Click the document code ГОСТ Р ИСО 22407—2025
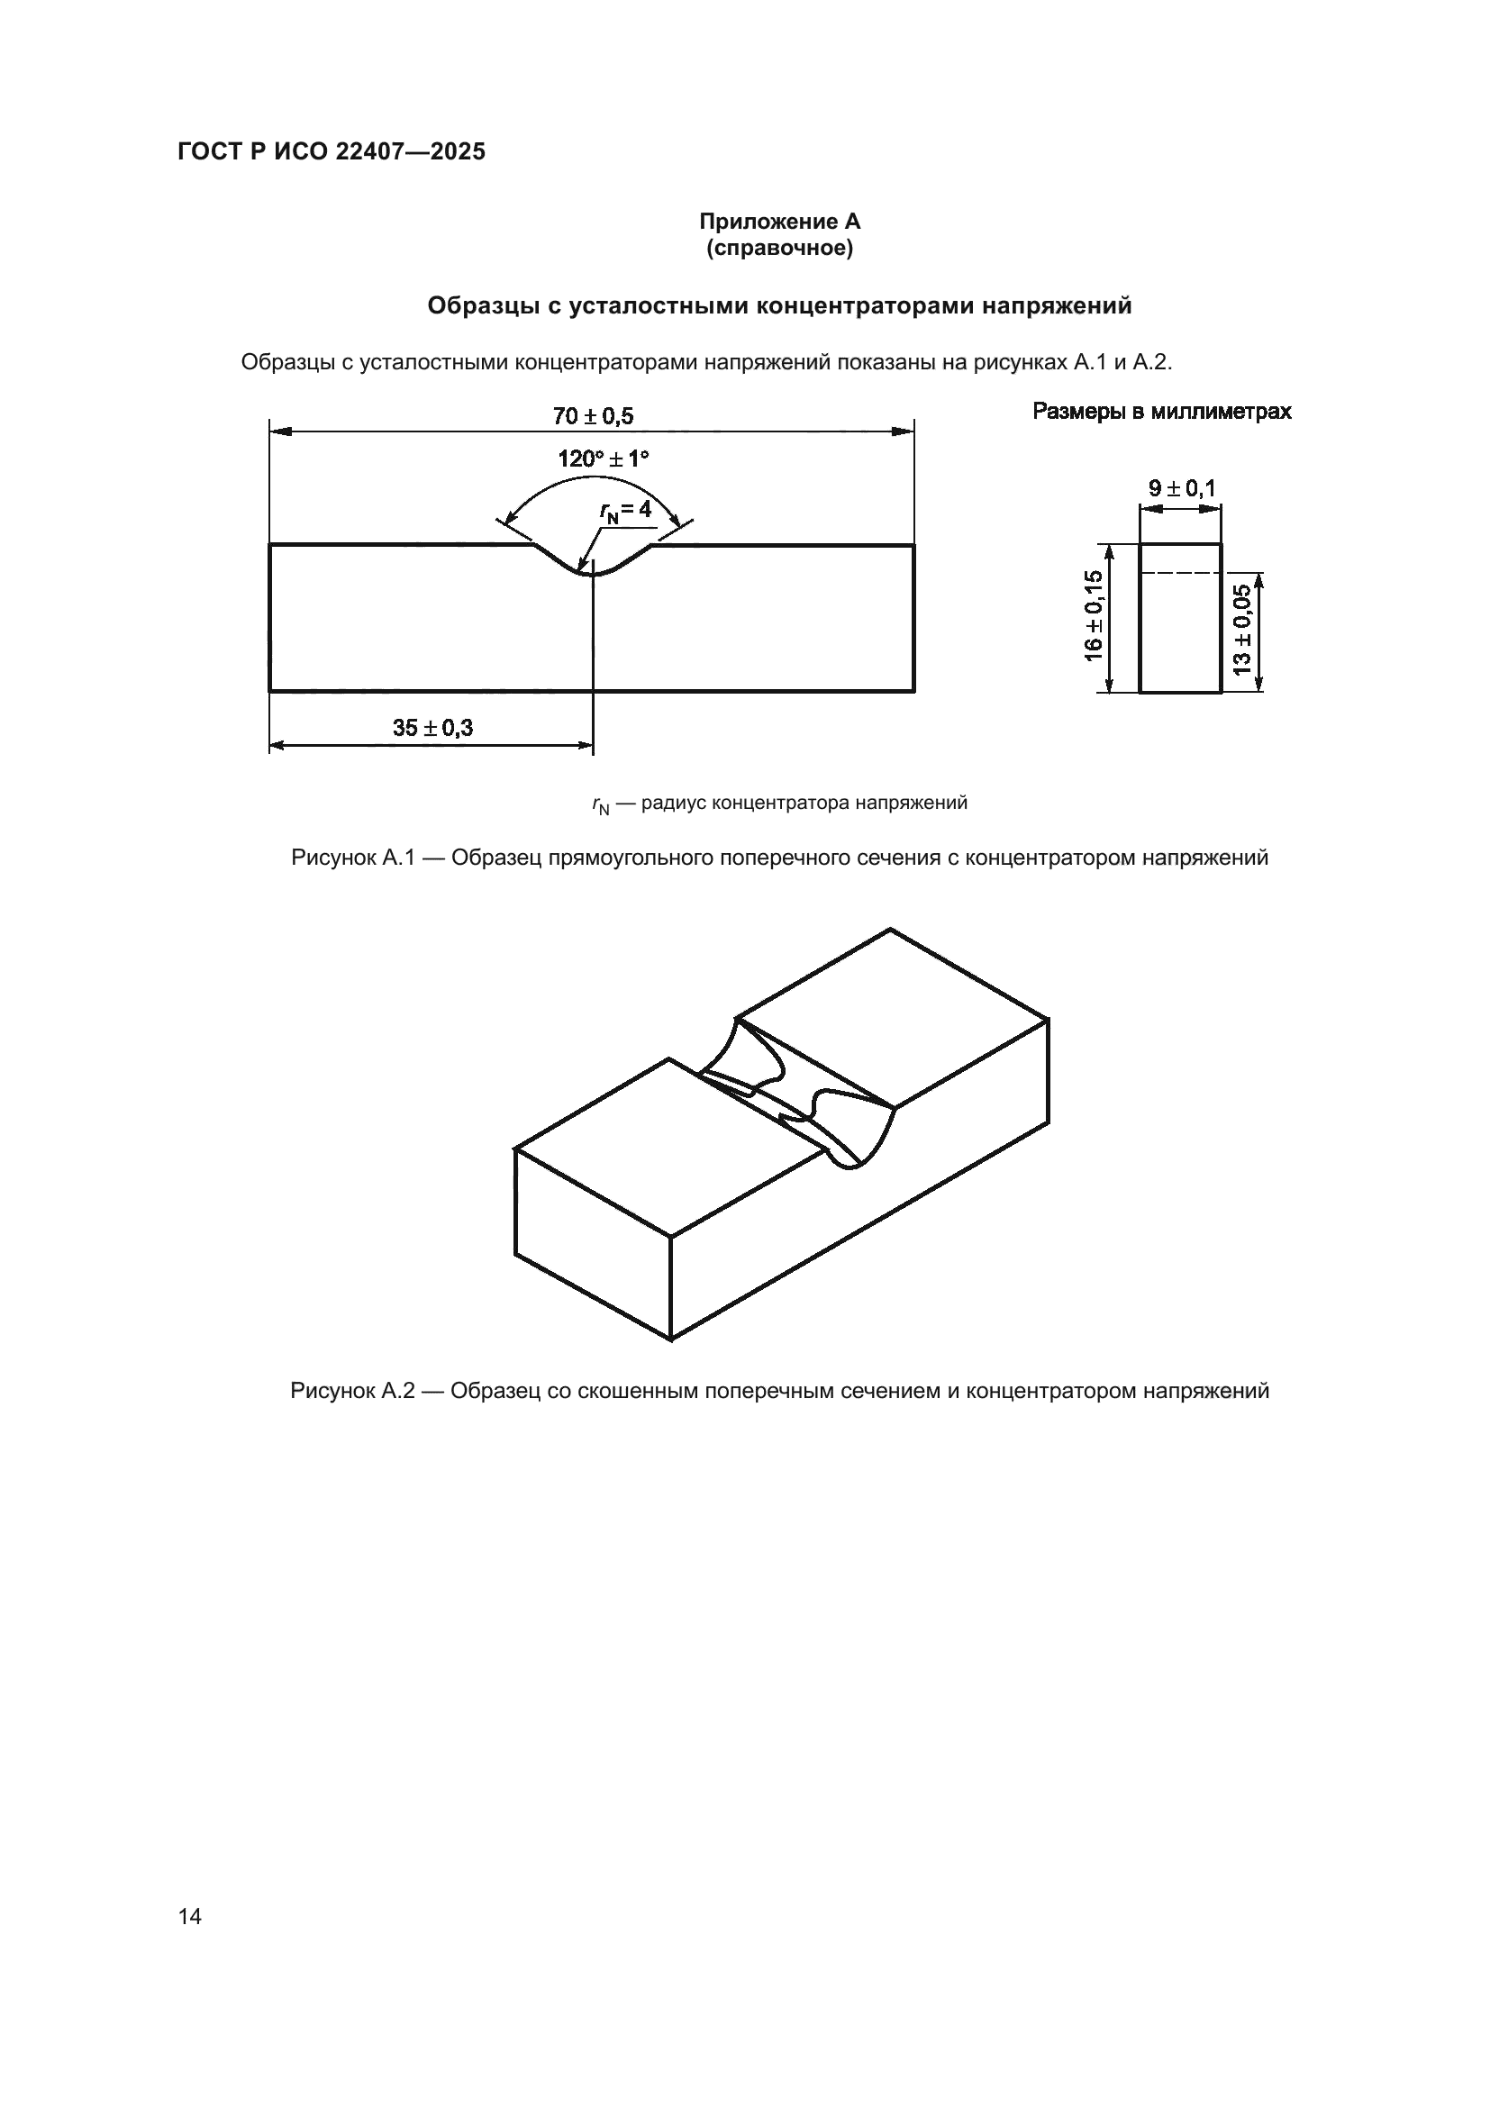coord(332,151)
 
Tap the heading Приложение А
coord(779,222)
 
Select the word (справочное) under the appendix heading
coord(779,249)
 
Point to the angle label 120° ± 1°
coord(603,459)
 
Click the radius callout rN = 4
coord(626,510)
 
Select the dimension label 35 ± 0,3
coord(433,728)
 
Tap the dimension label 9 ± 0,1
coord(1182,488)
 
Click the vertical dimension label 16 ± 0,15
coord(1093,615)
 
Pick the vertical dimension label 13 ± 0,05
coord(1242,630)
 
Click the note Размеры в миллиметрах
coord(1161,411)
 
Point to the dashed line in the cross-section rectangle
coord(1180,573)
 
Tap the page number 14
coord(190,1916)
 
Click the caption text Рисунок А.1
coord(352,858)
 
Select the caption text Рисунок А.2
coord(352,1391)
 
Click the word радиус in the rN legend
coord(675,803)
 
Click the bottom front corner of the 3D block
coord(671,1340)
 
